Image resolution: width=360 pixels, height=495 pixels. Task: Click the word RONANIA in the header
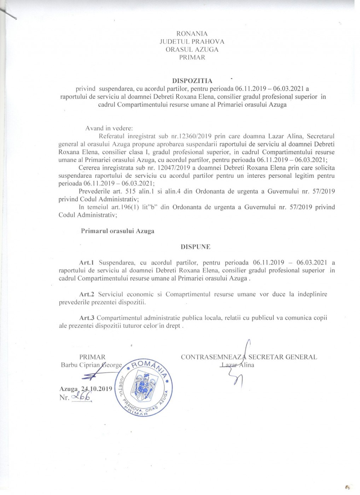(x=192, y=34)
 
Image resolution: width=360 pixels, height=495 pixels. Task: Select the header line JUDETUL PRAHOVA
(x=192, y=42)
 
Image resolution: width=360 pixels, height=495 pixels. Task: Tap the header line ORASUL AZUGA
(x=192, y=49)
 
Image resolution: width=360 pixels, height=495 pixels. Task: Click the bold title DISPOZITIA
(x=192, y=81)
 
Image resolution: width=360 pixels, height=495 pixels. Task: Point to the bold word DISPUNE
(x=196, y=247)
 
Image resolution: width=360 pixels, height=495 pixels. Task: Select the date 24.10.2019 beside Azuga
(x=96, y=389)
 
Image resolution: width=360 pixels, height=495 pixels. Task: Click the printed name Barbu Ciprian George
(x=91, y=365)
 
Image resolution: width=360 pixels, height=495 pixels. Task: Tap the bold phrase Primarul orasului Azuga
(x=117, y=231)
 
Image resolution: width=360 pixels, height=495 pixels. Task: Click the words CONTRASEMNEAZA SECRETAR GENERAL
(x=249, y=357)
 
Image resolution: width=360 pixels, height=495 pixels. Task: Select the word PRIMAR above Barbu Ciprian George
(x=92, y=357)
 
